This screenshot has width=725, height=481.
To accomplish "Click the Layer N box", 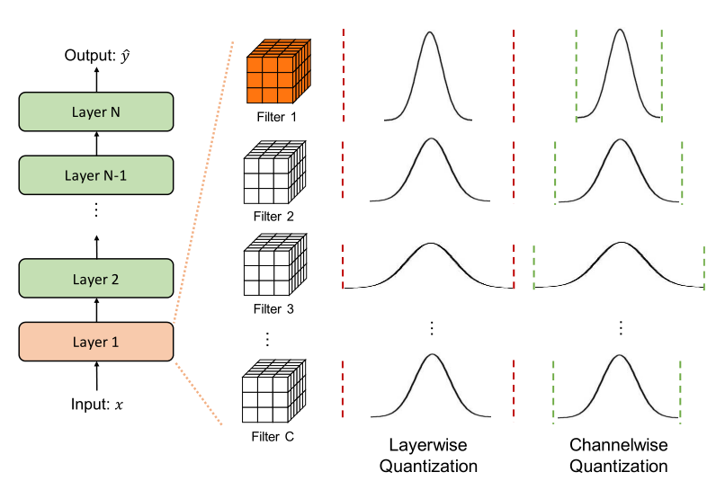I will coord(96,112).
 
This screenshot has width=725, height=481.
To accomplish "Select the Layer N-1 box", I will coord(96,176).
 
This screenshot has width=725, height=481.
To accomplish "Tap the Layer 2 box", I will coord(96,278).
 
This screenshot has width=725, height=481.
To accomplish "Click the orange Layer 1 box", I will coord(96,342).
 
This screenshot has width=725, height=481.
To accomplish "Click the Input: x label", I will coord(96,405).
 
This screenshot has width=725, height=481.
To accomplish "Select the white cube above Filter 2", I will coord(275,175).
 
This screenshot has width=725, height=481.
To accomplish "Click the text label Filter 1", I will coord(273,116).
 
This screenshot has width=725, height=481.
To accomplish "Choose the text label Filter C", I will coord(273,438).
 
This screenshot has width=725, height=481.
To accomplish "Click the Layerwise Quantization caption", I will coord(428,456).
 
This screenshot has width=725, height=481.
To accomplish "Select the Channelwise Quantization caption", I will coord(619,456).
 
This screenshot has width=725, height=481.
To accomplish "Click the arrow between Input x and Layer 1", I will coord(96,376).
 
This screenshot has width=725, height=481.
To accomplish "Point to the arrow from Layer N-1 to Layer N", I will coord(96,144).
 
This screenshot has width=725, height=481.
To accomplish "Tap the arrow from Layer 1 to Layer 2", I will coord(96,309).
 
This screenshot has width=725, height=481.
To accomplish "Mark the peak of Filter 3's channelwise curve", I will coord(619,244).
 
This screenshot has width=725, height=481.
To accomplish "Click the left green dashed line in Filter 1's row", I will coord(576,76).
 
